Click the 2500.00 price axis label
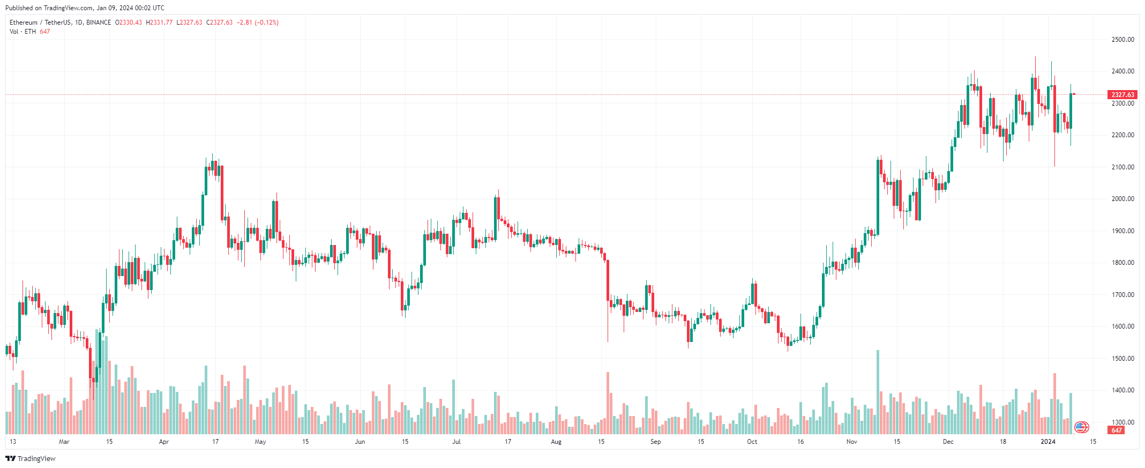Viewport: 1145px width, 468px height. [1122, 40]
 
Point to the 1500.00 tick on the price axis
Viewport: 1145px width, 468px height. [1122, 359]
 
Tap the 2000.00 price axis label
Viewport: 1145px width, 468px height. [1122, 199]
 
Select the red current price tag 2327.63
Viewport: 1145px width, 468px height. [1122, 95]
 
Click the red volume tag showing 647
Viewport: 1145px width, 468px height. [1117, 430]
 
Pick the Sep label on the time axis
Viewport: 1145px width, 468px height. [656, 442]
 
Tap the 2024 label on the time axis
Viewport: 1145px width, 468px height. [1047, 442]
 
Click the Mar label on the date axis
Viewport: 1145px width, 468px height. [64, 442]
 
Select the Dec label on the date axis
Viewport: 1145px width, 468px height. [948, 442]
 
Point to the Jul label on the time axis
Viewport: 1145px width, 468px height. [456, 442]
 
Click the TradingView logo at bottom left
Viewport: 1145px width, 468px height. [31, 458]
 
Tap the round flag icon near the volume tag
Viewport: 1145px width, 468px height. [1082, 427]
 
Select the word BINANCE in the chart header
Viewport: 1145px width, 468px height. [99, 23]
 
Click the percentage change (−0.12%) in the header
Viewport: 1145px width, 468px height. [267, 23]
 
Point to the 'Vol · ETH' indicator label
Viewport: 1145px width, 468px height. [23, 32]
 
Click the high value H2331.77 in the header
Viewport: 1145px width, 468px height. [159, 23]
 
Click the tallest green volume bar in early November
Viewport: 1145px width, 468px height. [878, 392]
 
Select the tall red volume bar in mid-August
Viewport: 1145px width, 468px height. [608, 403]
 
